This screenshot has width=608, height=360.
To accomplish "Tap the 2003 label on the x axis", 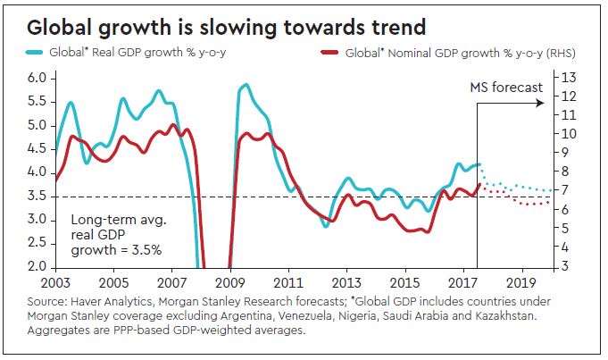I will (55, 280).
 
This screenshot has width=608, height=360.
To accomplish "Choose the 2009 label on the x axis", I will (229, 280).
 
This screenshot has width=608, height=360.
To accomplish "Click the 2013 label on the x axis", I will (346, 280).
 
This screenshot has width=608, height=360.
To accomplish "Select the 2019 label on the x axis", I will (521, 280).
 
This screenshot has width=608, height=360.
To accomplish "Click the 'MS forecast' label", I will (506, 88).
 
